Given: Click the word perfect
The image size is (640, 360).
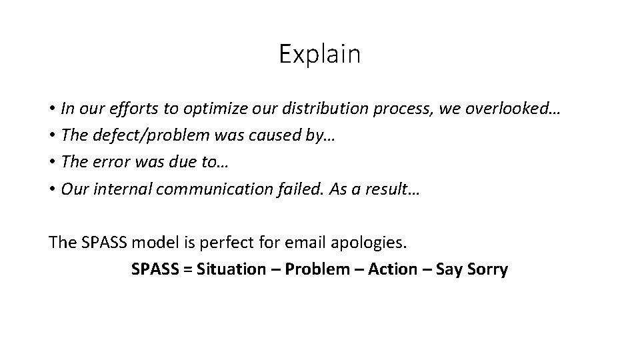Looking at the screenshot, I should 210,243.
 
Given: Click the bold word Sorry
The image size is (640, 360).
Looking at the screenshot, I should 487,269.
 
